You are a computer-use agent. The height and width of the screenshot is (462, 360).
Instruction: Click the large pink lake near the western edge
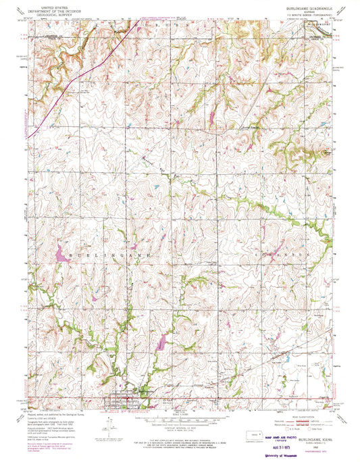tap(60, 255)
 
